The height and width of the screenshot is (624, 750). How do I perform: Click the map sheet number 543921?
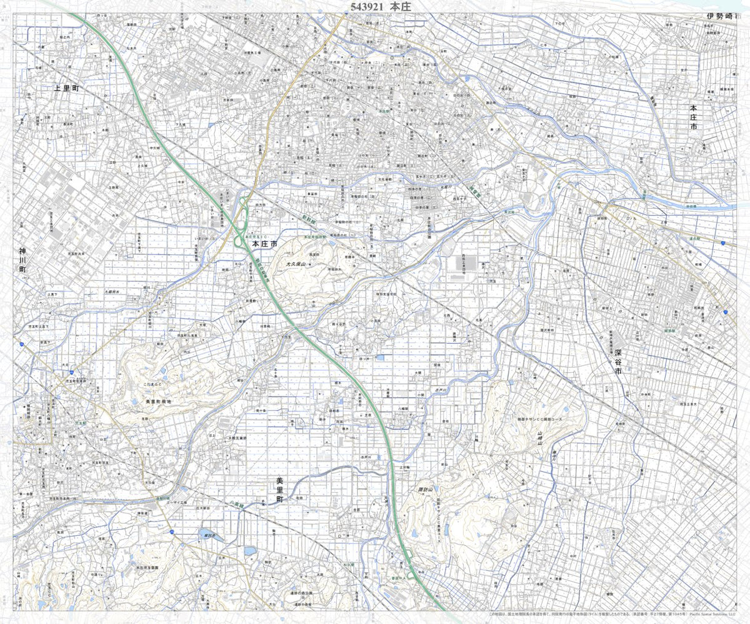[x=363, y=7]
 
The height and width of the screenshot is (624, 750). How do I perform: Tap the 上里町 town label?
[x=68, y=89]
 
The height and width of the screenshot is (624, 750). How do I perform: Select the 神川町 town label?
[x=23, y=260]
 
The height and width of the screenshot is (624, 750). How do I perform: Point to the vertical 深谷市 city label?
[x=618, y=362]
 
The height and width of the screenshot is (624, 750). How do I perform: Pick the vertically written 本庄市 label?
[x=693, y=118]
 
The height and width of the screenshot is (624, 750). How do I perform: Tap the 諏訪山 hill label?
[x=426, y=489]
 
